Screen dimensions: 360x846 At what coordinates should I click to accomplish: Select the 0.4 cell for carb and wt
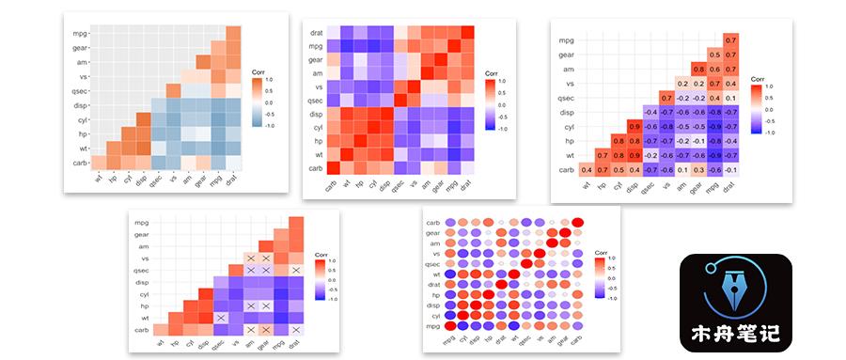[587, 169]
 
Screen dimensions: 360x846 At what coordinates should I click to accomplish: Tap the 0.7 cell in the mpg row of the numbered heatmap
[730, 40]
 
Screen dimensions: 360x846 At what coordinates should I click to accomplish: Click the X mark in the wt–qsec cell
[219, 318]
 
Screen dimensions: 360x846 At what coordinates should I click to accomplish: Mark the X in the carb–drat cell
[297, 329]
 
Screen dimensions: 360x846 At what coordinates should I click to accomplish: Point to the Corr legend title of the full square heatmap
[491, 72]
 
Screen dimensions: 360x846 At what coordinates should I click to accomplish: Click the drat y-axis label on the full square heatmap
[318, 32]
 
